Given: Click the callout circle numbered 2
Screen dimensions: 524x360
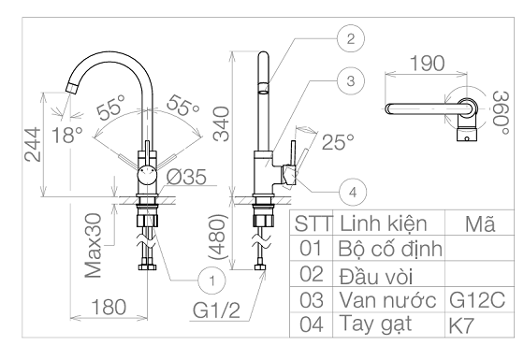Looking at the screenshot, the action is [351, 38].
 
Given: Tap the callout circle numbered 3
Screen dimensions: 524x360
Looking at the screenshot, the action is [351, 80].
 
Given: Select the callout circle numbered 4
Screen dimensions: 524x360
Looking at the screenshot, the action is [353, 193].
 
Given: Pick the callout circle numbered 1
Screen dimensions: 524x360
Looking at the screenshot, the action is [211, 281].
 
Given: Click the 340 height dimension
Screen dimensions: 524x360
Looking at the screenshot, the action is [222, 123].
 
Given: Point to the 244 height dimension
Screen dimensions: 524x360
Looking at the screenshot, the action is [33, 144].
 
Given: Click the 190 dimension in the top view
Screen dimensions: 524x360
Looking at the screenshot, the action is [427, 64].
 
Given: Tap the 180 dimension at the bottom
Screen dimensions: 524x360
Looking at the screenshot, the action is [109, 307].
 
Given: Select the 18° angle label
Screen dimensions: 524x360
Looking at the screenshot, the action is [67, 135].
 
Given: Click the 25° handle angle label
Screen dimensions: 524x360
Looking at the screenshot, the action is [338, 141].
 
